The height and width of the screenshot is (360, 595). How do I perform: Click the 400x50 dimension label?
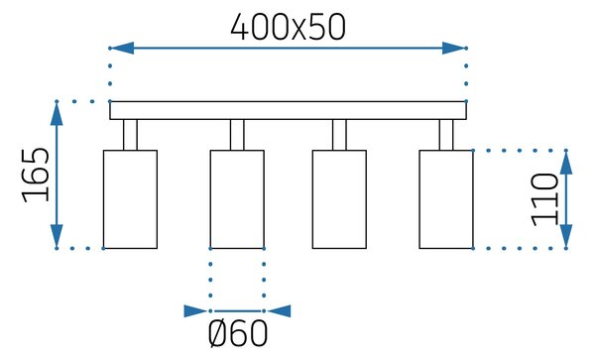[x=288, y=27]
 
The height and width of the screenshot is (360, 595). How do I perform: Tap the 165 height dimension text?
[x=36, y=175]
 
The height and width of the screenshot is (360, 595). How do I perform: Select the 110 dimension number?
[x=544, y=199]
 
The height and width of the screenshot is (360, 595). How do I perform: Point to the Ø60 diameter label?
[x=238, y=333]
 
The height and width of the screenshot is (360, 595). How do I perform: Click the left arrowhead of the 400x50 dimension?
[x=122, y=49]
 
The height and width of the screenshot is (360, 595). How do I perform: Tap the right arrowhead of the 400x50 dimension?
[x=454, y=49]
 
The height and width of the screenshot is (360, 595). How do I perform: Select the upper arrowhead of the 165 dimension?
[x=57, y=113]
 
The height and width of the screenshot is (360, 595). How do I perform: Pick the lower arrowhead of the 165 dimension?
[x=57, y=236]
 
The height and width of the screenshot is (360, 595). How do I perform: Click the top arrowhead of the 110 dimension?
[x=566, y=163]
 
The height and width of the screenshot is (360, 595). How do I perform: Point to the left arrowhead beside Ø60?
[x=196, y=311]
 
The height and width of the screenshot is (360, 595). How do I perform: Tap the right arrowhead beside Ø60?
[x=279, y=311]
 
